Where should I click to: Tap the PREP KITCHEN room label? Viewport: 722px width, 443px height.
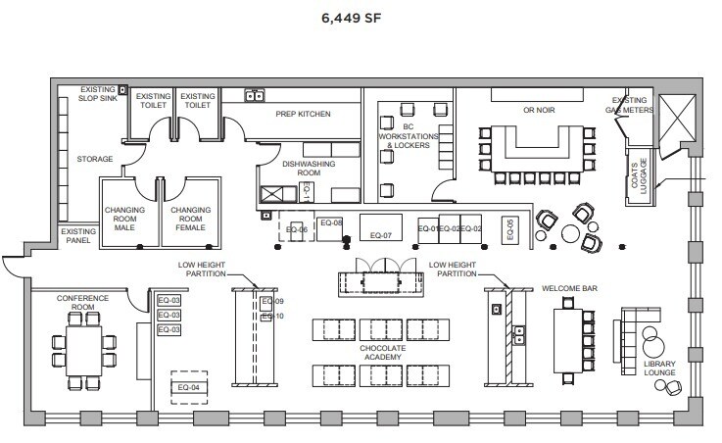[x=303, y=115]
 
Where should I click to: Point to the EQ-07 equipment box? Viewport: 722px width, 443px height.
[x=380, y=235]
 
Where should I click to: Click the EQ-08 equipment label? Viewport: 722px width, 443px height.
[x=331, y=223]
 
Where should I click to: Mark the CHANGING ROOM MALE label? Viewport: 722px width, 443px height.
[x=125, y=218]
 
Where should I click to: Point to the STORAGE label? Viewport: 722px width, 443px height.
[x=95, y=159]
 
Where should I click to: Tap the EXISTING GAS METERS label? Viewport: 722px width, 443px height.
[x=631, y=104]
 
